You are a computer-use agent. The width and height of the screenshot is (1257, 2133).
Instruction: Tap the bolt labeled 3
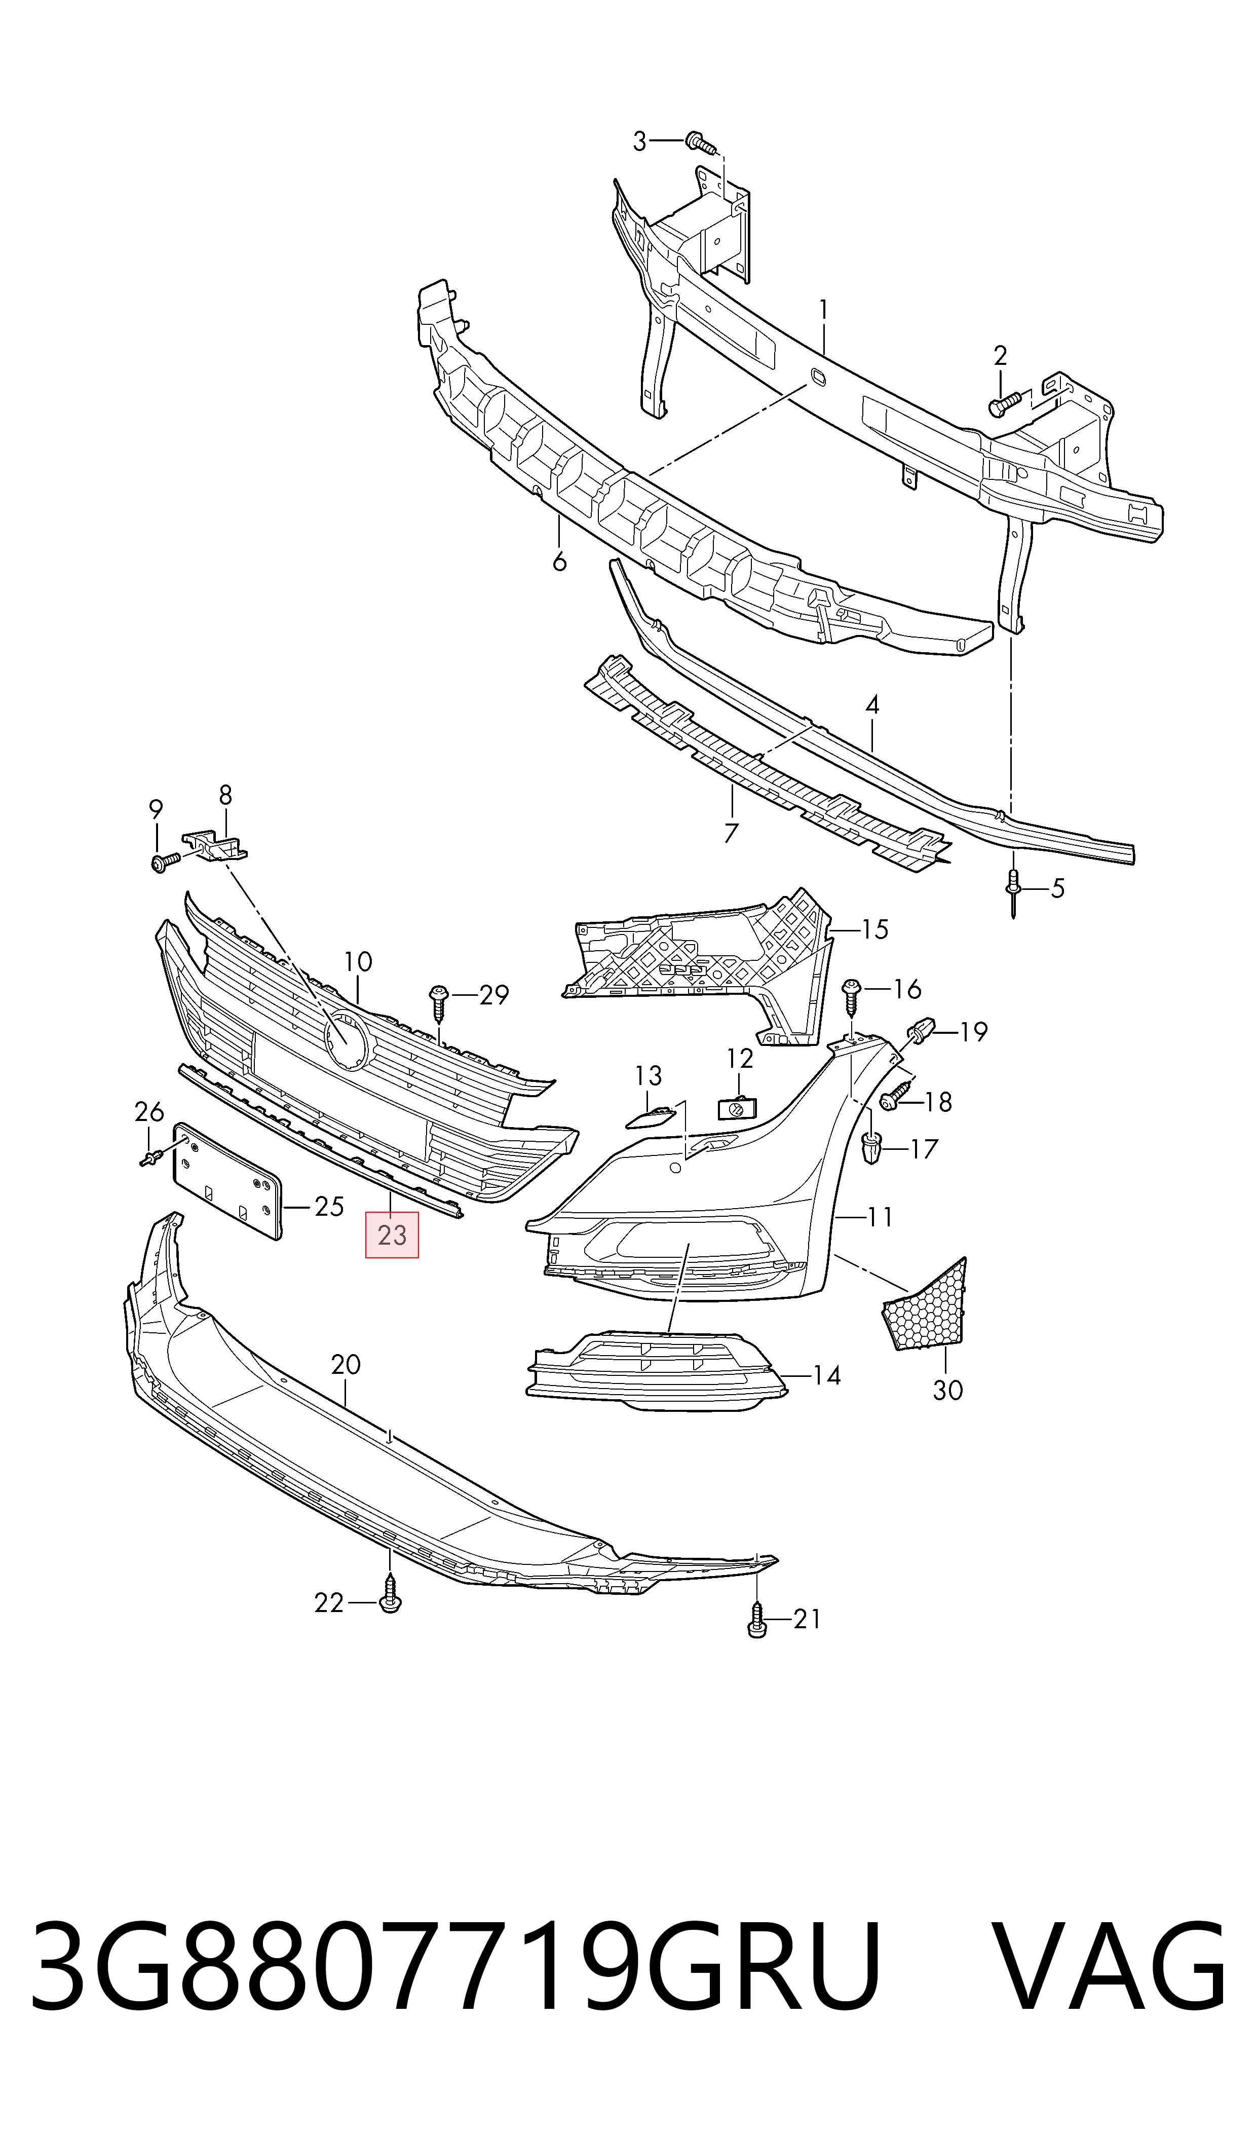pyautogui.click(x=701, y=142)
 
